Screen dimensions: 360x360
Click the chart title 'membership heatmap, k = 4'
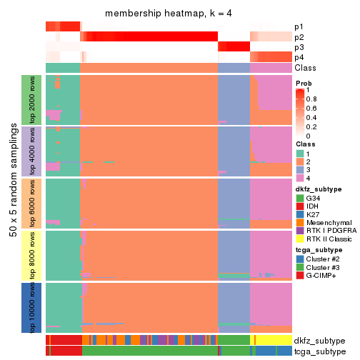169,14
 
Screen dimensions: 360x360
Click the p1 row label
299,26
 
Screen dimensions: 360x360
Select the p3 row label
299,47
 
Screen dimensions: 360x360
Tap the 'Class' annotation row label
305,67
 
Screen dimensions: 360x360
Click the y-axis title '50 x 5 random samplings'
12,204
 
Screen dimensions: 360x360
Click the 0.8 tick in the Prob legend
312,99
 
